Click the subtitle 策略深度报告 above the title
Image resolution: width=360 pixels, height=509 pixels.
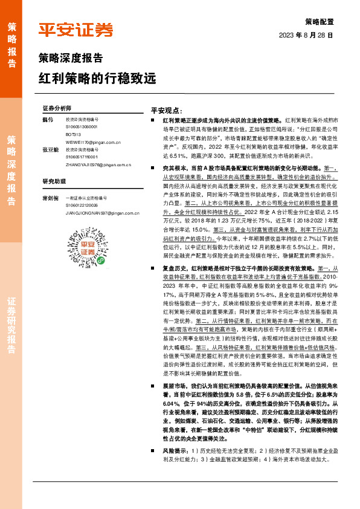(70, 59)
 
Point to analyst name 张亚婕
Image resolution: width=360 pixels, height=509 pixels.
(51, 149)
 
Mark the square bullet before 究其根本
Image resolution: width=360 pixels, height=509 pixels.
(156, 166)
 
